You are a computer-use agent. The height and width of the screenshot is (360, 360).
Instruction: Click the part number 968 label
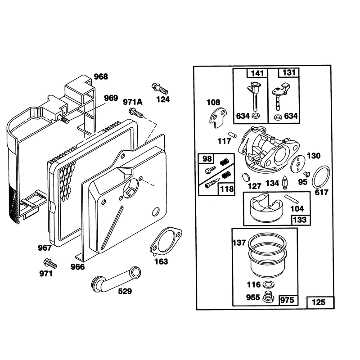(101, 76)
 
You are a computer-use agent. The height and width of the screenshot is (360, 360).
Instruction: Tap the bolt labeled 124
(160, 88)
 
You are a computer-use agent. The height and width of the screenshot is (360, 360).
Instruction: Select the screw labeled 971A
(136, 113)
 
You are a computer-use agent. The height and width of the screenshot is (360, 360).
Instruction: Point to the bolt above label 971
(50, 263)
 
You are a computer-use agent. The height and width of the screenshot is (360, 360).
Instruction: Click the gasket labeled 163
(166, 241)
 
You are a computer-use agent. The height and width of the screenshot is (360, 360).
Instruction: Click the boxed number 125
(319, 302)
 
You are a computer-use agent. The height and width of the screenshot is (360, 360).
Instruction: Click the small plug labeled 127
(246, 177)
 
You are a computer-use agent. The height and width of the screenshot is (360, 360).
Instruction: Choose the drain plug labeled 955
(268, 297)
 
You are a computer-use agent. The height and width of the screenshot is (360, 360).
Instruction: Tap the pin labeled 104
(292, 199)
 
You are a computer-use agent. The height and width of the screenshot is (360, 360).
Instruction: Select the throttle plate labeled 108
(218, 118)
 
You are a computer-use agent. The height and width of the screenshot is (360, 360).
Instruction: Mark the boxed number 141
(257, 73)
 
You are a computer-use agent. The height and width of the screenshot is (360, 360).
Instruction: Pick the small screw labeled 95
(307, 174)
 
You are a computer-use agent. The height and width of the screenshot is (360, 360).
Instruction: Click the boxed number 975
(287, 300)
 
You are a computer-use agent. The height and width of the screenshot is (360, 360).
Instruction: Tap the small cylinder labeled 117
(233, 135)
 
